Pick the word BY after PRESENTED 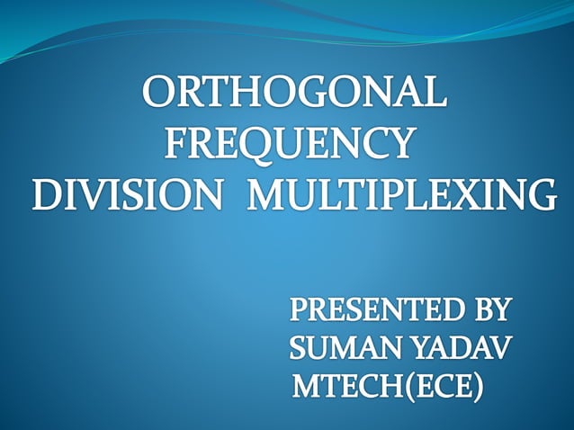point(489,312)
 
